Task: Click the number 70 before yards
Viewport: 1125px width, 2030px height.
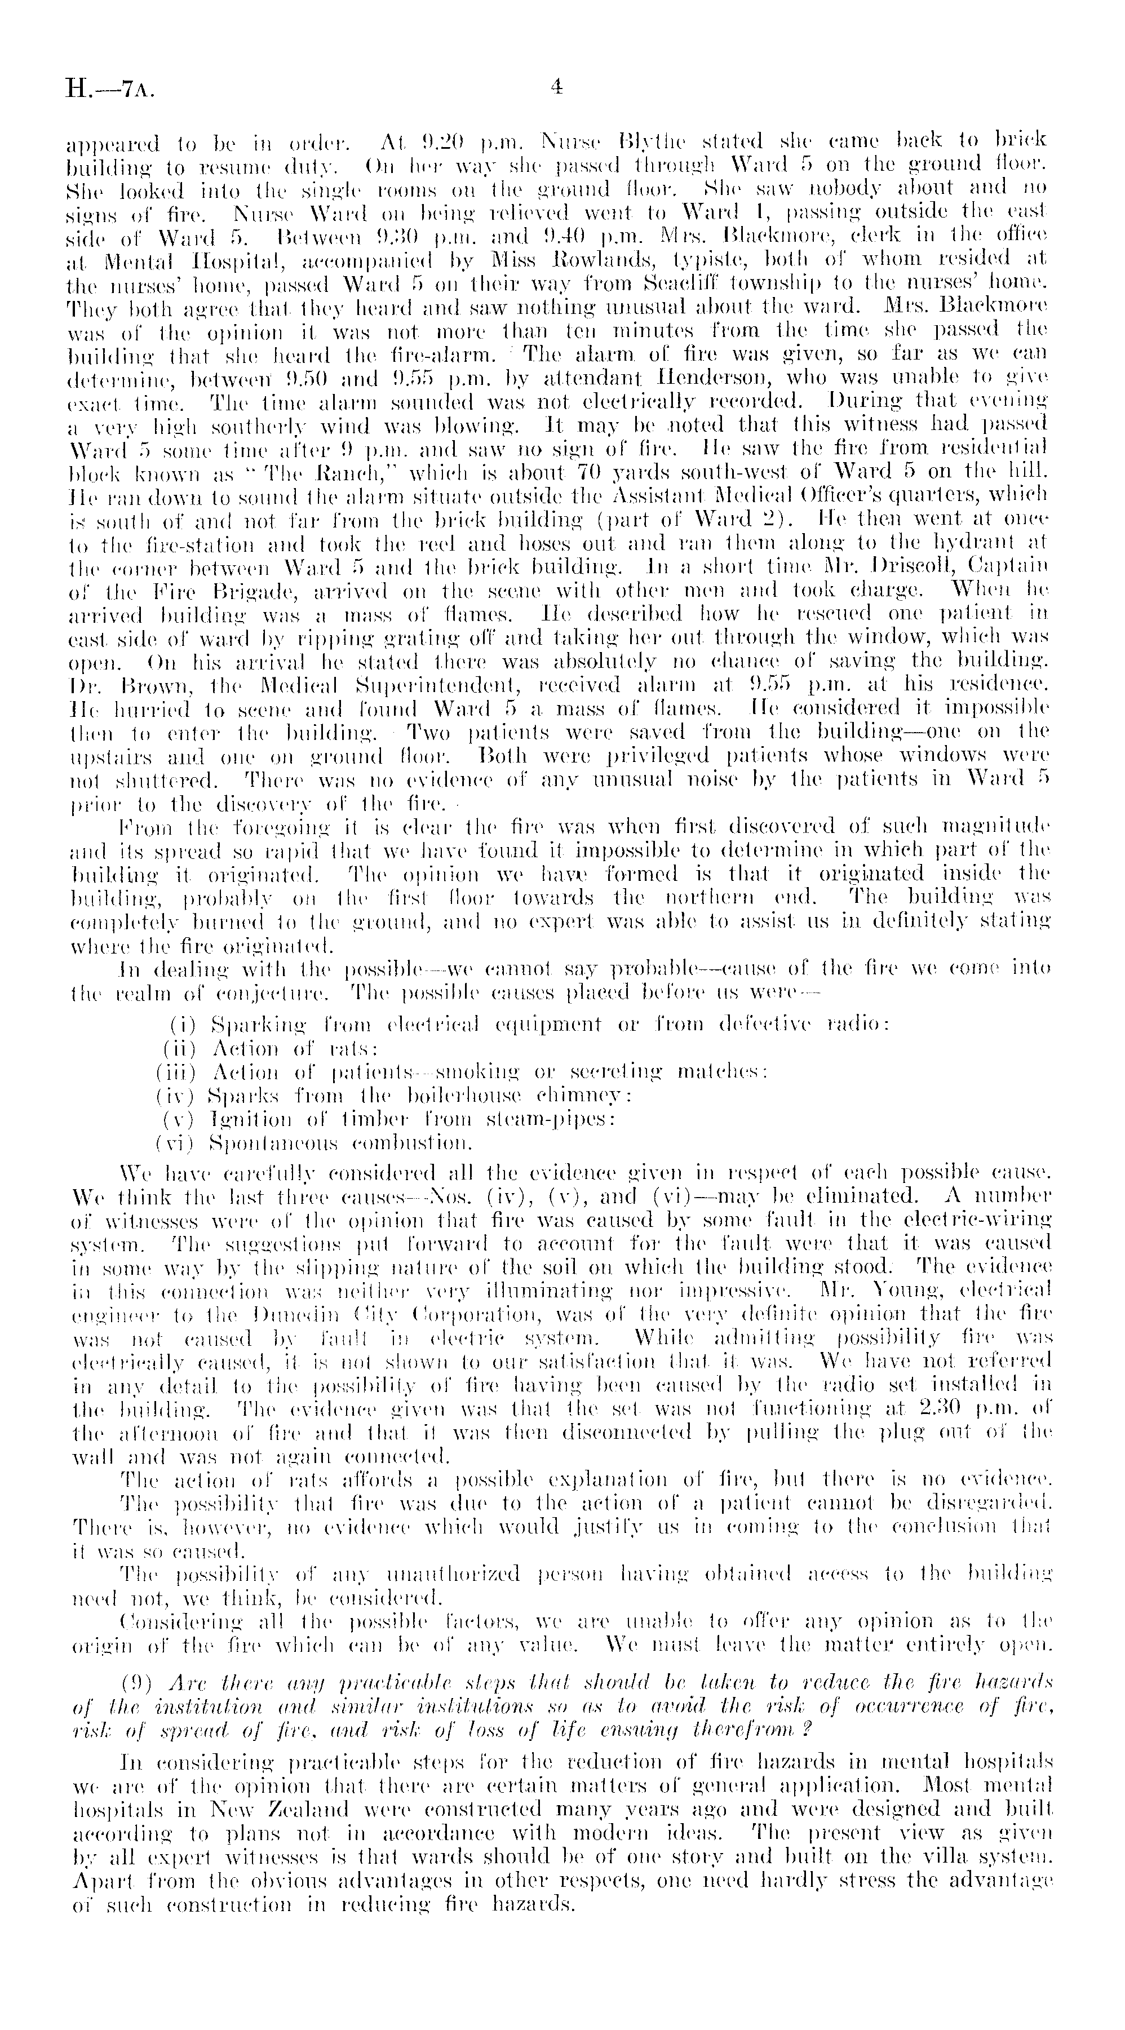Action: coord(557,475)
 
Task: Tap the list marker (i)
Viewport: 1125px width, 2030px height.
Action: coord(184,1025)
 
